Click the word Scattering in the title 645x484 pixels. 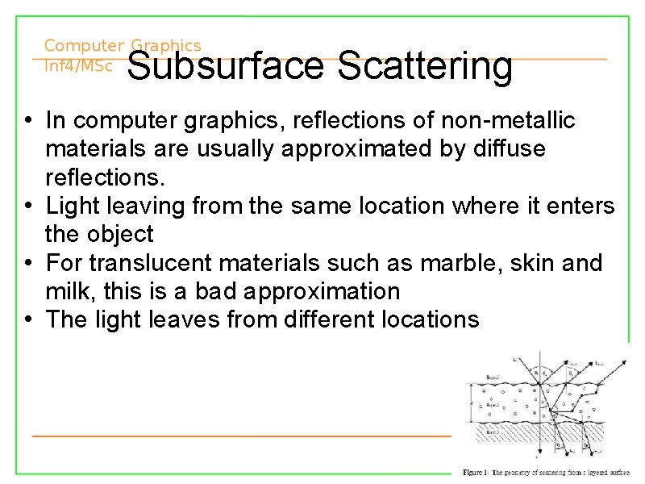coord(425,67)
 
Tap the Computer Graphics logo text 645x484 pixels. coord(123,47)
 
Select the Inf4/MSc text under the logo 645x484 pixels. coord(78,65)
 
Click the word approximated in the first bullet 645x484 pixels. coord(347,149)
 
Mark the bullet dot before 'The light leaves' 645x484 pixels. coord(28,320)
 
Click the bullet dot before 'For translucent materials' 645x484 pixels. coord(28,264)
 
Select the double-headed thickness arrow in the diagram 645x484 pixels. coord(472,397)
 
